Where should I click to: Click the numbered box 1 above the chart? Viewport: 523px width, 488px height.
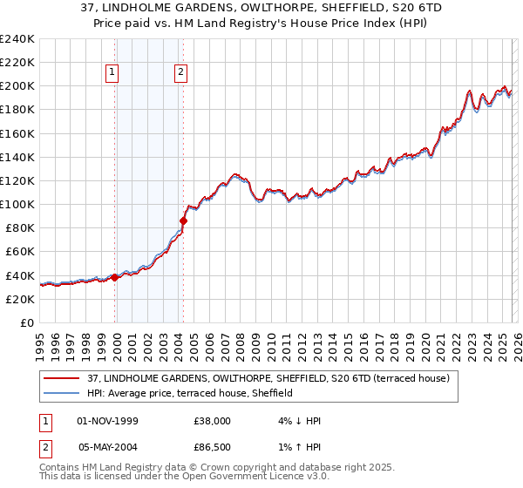(114, 73)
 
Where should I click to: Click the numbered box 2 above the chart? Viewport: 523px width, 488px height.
(180, 73)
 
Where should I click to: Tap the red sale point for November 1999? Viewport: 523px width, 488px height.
(115, 278)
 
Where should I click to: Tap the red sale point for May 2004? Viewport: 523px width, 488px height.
(184, 220)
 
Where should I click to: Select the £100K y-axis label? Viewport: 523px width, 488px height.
(17, 204)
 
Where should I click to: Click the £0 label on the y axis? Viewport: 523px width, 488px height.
(27, 322)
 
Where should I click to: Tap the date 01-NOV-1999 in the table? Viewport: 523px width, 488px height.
(108, 420)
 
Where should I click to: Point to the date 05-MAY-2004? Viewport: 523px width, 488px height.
(108, 448)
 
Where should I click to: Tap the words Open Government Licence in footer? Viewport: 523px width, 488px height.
(232, 478)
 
